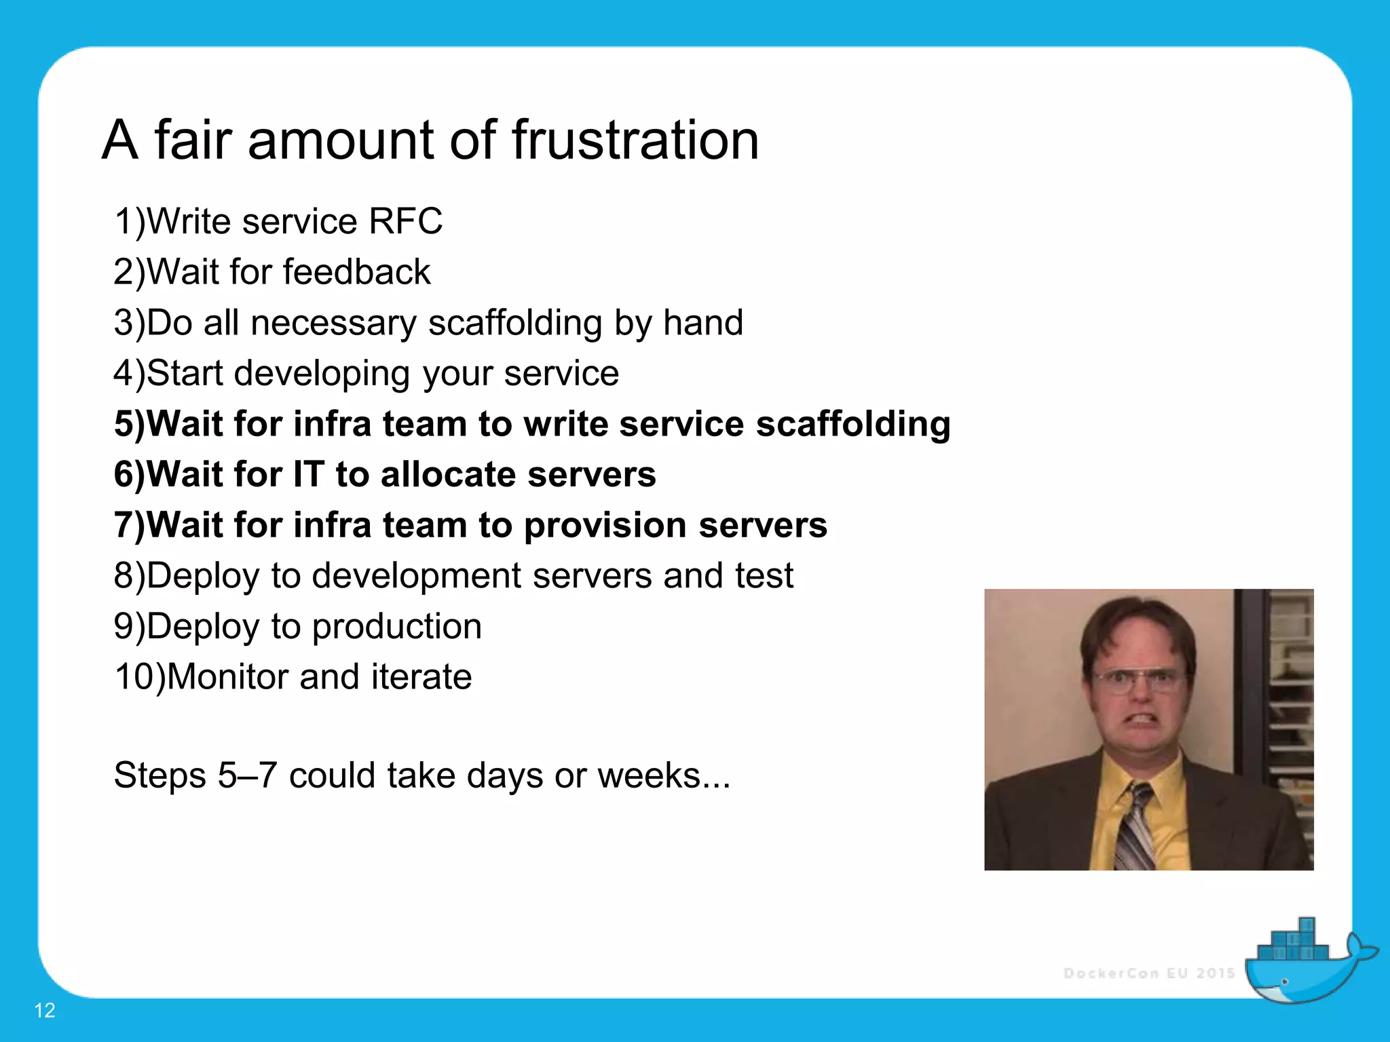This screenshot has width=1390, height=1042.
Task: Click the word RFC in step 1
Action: pyautogui.click(x=405, y=222)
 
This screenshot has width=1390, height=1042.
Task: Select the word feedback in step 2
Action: pyautogui.click(x=356, y=273)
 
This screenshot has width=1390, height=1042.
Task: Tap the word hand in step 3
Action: pyautogui.click(x=703, y=323)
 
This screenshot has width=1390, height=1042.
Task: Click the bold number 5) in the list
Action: pyautogui.click(x=130, y=425)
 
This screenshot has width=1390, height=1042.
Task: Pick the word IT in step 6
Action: pyautogui.click(x=308, y=474)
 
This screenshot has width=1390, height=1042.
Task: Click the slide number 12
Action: pyautogui.click(x=45, y=1010)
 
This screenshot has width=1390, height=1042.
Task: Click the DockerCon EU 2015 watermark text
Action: pyautogui.click(x=1149, y=973)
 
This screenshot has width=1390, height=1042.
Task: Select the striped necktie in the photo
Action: pyautogui.click(x=1133, y=828)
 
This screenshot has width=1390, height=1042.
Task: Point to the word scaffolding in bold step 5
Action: pyautogui.click(x=853, y=425)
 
